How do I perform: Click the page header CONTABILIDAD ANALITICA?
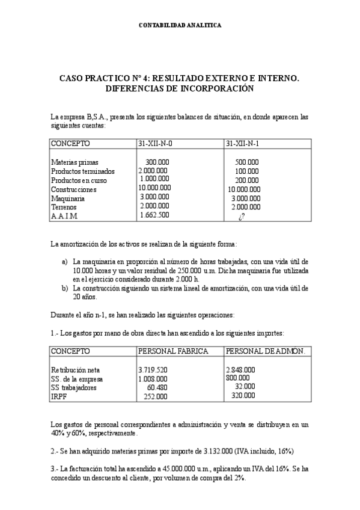(180, 26)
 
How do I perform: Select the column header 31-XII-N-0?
(159, 144)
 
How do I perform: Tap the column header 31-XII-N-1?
(246, 144)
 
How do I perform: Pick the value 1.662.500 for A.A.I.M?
(154, 215)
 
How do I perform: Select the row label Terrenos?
(64, 206)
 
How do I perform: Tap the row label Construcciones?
(73, 189)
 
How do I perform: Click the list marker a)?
(65, 262)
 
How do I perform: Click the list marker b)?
(65, 288)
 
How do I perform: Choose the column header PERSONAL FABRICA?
(173, 351)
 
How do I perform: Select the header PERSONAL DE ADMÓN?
(265, 351)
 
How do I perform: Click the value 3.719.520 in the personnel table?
(153, 370)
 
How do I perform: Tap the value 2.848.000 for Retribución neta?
(240, 370)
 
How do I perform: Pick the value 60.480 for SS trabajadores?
(157, 387)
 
